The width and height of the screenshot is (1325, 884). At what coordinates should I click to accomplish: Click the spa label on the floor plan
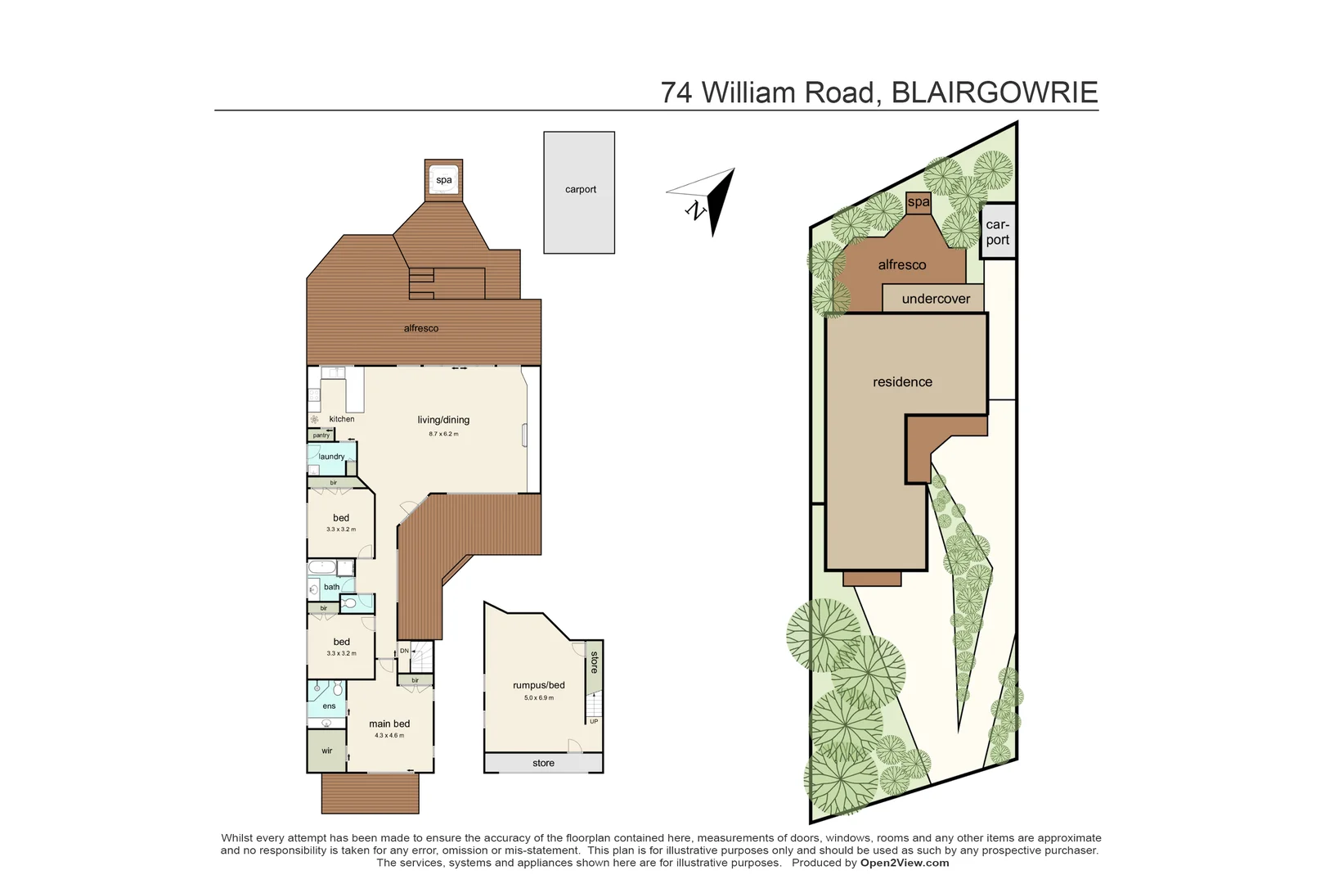pyautogui.click(x=444, y=180)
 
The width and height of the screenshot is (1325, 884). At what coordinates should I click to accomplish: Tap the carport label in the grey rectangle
pyautogui.click(x=581, y=189)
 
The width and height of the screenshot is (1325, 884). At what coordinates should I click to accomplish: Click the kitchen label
pyautogui.click(x=342, y=419)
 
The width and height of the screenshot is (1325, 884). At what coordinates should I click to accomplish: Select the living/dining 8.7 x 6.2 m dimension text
pyautogui.click(x=443, y=434)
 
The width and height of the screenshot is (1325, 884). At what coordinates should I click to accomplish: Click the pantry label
pyautogui.click(x=321, y=435)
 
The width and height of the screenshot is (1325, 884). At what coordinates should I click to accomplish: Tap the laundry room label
pyautogui.click(x=331, y=457)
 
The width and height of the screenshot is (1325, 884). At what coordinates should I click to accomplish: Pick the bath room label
pyautogui.click(x=331, y=587)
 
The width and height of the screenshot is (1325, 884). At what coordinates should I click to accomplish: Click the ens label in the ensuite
pyautogui.click(x=329, y=706)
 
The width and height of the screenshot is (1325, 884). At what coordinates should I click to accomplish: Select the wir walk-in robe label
pyautogui.click(x=326, y=751)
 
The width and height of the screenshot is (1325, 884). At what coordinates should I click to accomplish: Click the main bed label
pyautogui.click(x=389, y=724)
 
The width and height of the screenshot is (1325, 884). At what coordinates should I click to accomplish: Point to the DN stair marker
pyautogui.click(x=404, y=651)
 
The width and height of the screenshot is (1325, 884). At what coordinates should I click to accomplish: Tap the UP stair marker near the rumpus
pyautogui.click(x=594, y=721)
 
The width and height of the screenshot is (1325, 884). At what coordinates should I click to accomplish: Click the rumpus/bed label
pyautogui.click(x=539, y=685)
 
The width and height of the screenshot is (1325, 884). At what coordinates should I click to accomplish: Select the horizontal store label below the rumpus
pyautogui.click(x=543, y=763)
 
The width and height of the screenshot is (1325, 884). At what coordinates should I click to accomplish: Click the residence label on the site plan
pyautogui.click(x=902, y=382)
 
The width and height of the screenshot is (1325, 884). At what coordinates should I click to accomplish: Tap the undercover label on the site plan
pyautogui.click(x=936, y=299)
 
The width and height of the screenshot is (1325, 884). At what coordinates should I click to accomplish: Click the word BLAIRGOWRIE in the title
pyautogui.click(x=994, y=92)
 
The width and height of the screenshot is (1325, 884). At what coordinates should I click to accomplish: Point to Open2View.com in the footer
pyautogui.click(x=905, y=863)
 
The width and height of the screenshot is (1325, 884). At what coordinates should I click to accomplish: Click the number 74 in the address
pyautogui.click(x=676, y=92)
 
